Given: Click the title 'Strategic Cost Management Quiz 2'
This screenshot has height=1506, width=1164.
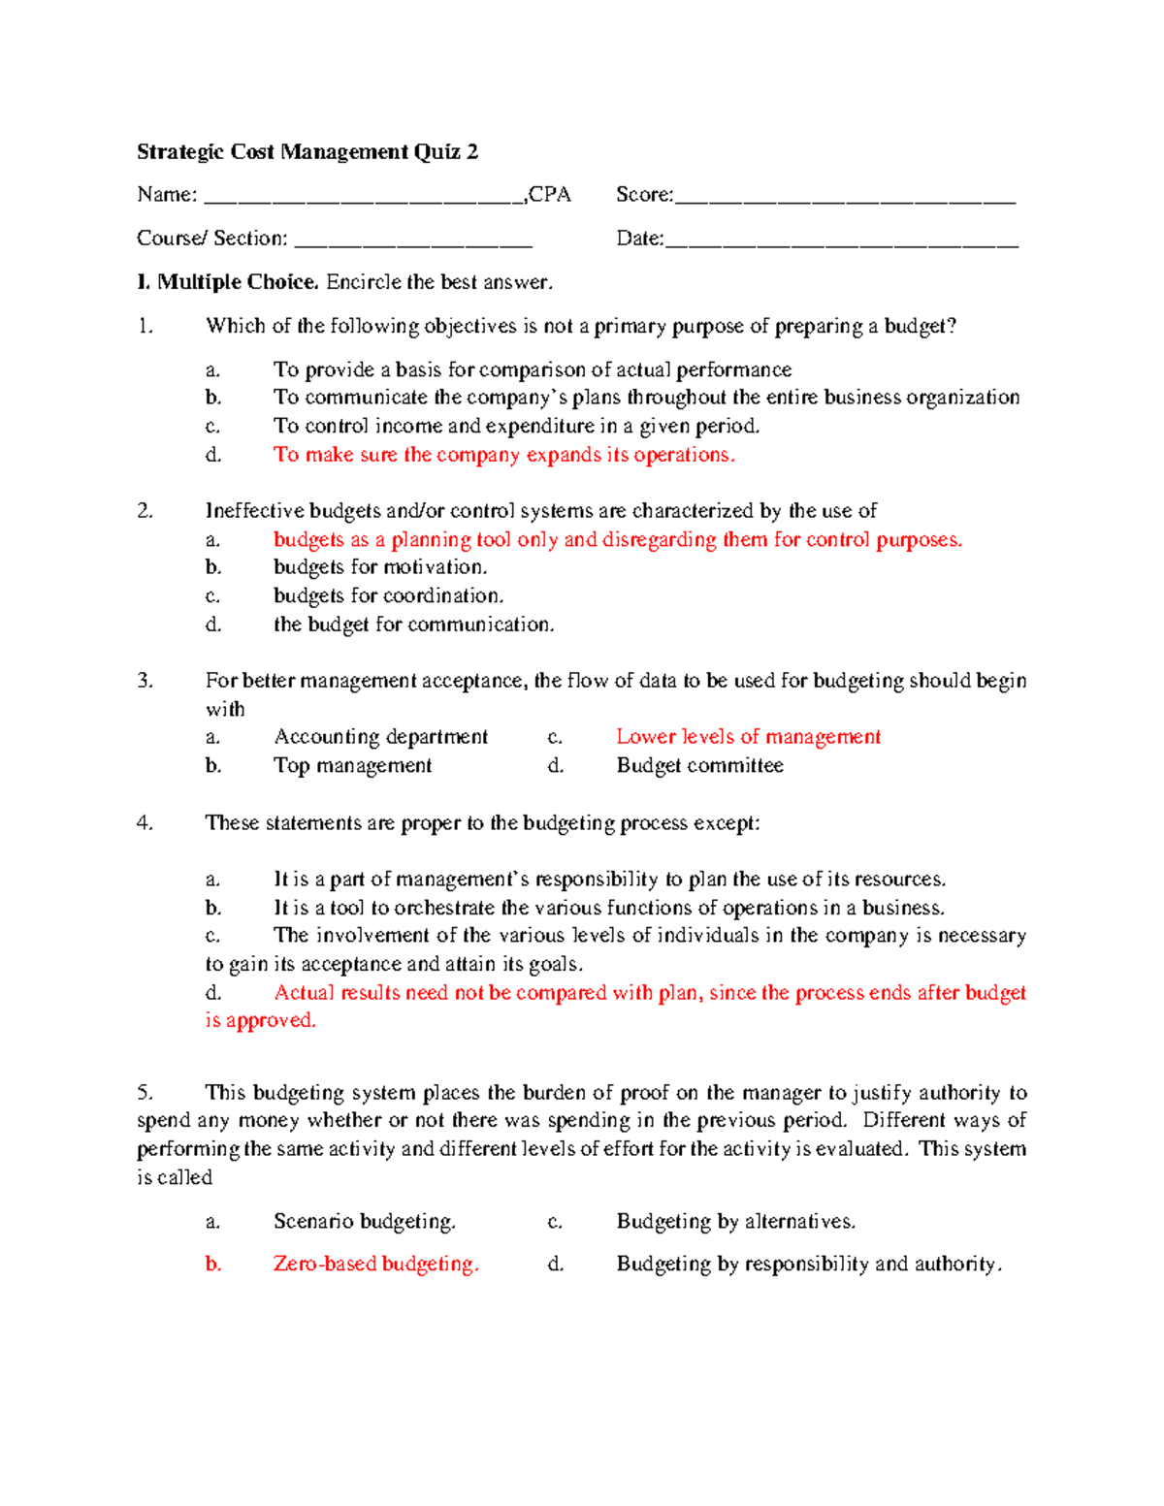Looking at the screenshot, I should [x=307, y=152].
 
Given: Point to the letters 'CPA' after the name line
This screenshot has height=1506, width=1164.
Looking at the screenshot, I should [x=550, y=195].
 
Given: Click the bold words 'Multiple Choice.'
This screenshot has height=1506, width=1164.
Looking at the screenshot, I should [x=238, y=282].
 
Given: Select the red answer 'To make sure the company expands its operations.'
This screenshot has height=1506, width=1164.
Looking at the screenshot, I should [x=504, y=455].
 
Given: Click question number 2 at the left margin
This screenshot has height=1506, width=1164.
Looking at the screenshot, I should [x=145, y=511].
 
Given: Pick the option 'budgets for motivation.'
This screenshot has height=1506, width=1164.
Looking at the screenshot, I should [x=380, y=567].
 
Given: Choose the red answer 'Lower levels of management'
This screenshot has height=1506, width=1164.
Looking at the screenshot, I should [x=748, y=737].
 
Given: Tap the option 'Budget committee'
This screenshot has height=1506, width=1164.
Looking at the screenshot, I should [x=699, y=766].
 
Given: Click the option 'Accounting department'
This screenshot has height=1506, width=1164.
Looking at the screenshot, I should [x=381, y=737].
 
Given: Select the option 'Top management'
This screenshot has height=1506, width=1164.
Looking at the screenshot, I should [x=353, y=766].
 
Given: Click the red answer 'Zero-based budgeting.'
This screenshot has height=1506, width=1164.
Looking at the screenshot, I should [x=376, y=1265].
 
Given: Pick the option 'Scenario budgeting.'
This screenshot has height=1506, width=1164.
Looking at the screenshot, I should [x=365, y=1222].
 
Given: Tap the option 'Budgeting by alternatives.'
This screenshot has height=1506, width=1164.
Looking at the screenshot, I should [x=736, y=1222].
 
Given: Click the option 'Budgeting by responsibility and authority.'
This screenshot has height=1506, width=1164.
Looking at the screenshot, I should [x=809, y=1265].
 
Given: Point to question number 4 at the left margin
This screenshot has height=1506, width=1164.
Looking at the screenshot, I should [x=145, y=823].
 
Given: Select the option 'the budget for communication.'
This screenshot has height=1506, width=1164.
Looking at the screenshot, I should [x=414, y=625].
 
